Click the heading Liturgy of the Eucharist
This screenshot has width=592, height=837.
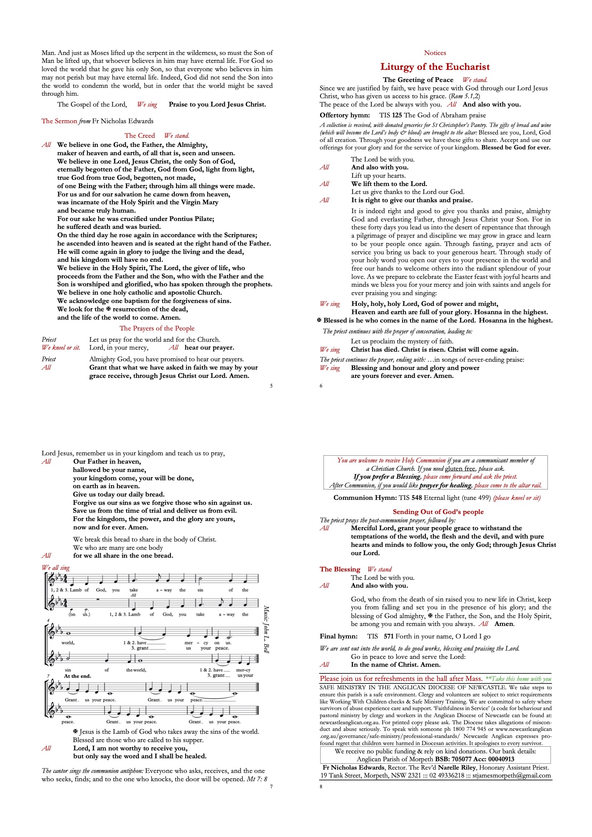point(435,67)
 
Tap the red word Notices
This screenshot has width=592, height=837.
point(435,53)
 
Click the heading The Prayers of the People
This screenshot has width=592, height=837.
point(157,328)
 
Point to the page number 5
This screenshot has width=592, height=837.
point(271,386)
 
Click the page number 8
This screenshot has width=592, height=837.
point(321,786)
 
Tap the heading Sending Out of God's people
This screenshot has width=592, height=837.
point(438,512)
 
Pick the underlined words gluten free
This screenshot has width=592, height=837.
point(460,469)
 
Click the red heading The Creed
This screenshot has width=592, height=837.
point(139,136)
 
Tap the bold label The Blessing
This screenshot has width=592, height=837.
point(340,569)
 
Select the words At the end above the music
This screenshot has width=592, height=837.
point(77,676)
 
